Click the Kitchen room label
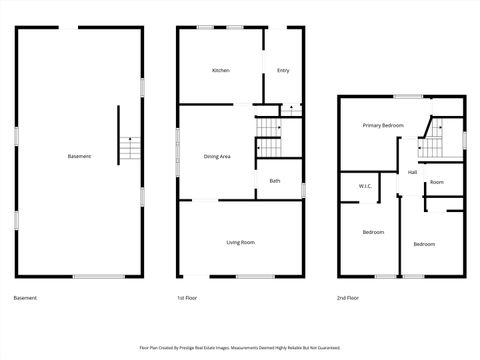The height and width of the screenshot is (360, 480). pos(221,70)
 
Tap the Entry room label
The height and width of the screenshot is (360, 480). pos(283,70)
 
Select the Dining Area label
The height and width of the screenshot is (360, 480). pos(218,156)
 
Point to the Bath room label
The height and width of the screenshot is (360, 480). pos(274,181)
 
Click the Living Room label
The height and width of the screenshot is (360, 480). pos(240,242)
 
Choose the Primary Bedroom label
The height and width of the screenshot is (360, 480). pos(383,125)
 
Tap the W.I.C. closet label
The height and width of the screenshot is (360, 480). pos(365,187)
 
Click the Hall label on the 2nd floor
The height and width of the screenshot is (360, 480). pos(412,173)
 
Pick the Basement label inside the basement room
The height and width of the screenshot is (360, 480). pos(79,156)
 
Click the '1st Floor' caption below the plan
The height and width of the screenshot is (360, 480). pos(187,298)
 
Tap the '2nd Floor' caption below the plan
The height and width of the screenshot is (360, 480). pos(348,298)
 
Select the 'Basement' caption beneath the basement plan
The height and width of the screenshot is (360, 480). pos(27,298)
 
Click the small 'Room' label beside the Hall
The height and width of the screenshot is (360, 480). pos(437,182)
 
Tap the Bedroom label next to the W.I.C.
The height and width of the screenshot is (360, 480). pos(373,232)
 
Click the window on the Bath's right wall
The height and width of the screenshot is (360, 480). pos(303,189)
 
